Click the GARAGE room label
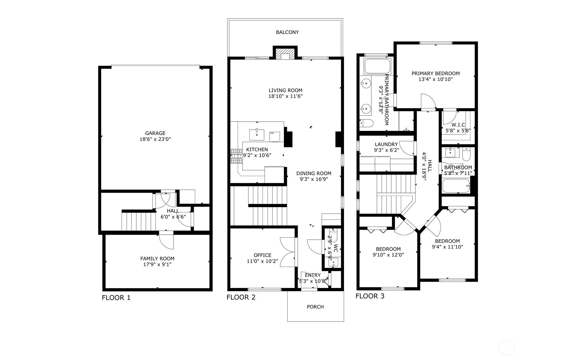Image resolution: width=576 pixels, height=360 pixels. pyautogui.click(x=155, y=133)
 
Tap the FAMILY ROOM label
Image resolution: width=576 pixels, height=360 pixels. pyautogui.click(x=157, y=259)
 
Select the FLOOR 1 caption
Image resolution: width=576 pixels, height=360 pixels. pyautogui.click(x=116, y=298)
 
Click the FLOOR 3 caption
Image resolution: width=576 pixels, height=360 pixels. pyautogui.click(x=370, y=296)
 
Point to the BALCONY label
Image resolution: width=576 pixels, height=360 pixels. pyautogui.click(x=288, y=32)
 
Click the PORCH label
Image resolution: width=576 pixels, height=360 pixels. pyautogui.click(x=315, y=307)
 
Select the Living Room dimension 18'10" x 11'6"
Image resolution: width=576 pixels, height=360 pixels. pyautogui.click(x=285, y=96)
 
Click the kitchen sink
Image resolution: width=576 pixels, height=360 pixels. pyautogui.click(x=257, y=134)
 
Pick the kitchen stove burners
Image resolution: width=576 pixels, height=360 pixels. pyautogui.click(x=236, y=156)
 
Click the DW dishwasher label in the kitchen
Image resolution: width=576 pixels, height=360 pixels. pyautogui.click(x=272, y=133)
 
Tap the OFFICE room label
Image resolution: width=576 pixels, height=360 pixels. pyautogui.click(x=263, y=255)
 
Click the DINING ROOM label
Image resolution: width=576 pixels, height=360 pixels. pyautogui.click(x=314, y=173)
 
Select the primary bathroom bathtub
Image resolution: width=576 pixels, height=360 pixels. pyautogui.click(x=377, y=66)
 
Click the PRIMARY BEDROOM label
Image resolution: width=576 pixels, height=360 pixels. pyautogui.click(x=436, y=73)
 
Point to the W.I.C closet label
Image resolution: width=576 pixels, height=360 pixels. pyautogui.click(x=458, y=125)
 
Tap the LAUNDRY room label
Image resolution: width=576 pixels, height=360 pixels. pyautogui.click(x=386, y=144)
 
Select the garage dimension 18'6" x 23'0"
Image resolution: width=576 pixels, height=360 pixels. pyautogui.click(x=155, y=139)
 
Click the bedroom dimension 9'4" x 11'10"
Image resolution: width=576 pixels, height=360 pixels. pyautogui.click(x=448, y=247)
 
